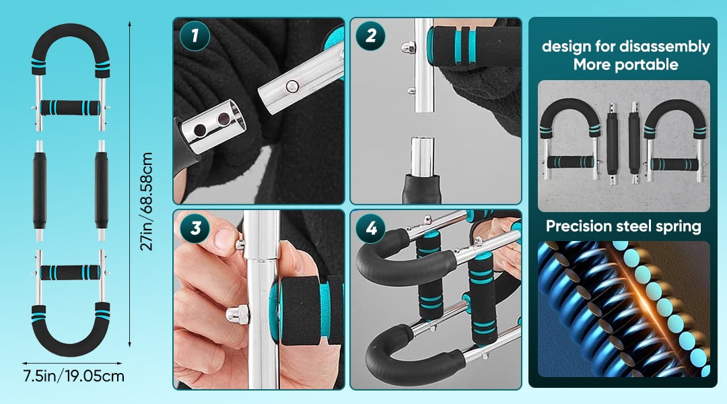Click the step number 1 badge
195,36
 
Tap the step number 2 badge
370,36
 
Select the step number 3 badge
195,228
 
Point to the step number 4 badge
370,228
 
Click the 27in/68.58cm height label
147,201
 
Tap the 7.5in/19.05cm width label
74,376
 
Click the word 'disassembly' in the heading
664,47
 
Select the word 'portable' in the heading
651,65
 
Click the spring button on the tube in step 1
292,86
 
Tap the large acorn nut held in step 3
238,315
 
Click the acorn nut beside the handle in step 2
407,47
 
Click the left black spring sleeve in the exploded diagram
40,190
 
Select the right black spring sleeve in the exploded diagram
101,190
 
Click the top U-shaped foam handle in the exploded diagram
71,29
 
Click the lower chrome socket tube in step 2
422,156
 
